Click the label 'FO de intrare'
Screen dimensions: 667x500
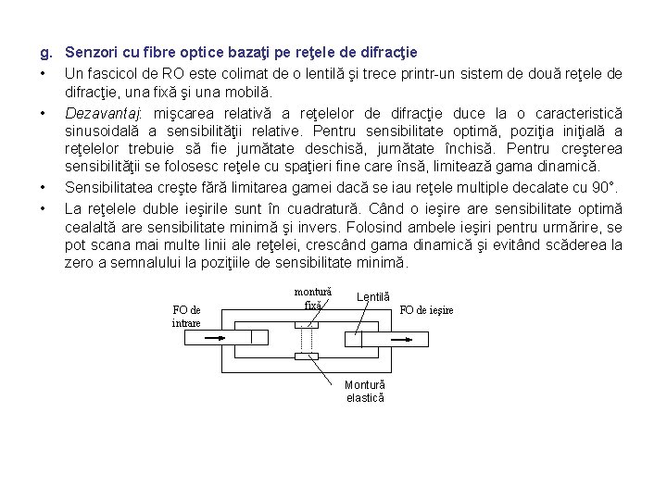tap(186, 316)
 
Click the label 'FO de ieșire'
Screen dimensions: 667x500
tap(425, 310)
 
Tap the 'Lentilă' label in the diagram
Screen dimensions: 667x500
tap(371, 297)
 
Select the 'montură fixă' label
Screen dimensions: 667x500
tap(312, 297)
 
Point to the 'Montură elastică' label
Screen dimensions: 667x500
tap(364, 391)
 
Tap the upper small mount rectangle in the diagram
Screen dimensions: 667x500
tap(306, 325)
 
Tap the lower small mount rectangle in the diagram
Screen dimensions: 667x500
tap(306, 356)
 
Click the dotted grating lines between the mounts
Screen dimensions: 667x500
tap(306, 341)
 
